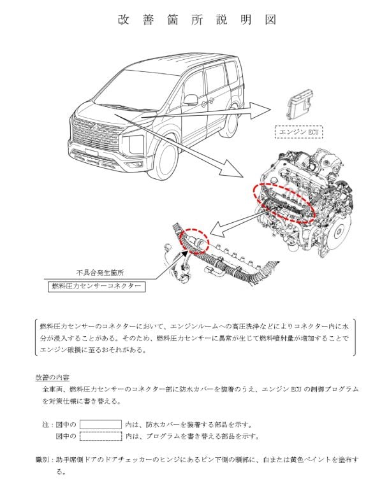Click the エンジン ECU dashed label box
298,132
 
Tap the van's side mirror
191,100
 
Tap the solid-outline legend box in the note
100,424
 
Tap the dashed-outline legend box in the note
100,436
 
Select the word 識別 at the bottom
43,459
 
